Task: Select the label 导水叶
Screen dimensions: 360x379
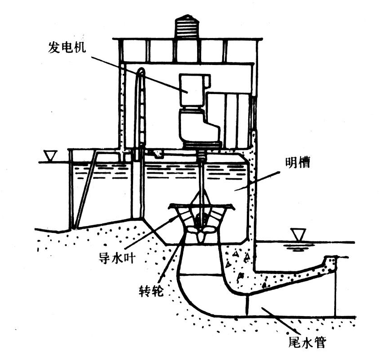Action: [115, 257]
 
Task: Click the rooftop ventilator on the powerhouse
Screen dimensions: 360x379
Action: [187, 26]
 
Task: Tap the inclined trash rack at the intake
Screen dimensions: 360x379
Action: [86, 188]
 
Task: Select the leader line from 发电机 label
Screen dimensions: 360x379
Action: [139, 73]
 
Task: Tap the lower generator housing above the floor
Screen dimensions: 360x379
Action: [197, 125]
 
